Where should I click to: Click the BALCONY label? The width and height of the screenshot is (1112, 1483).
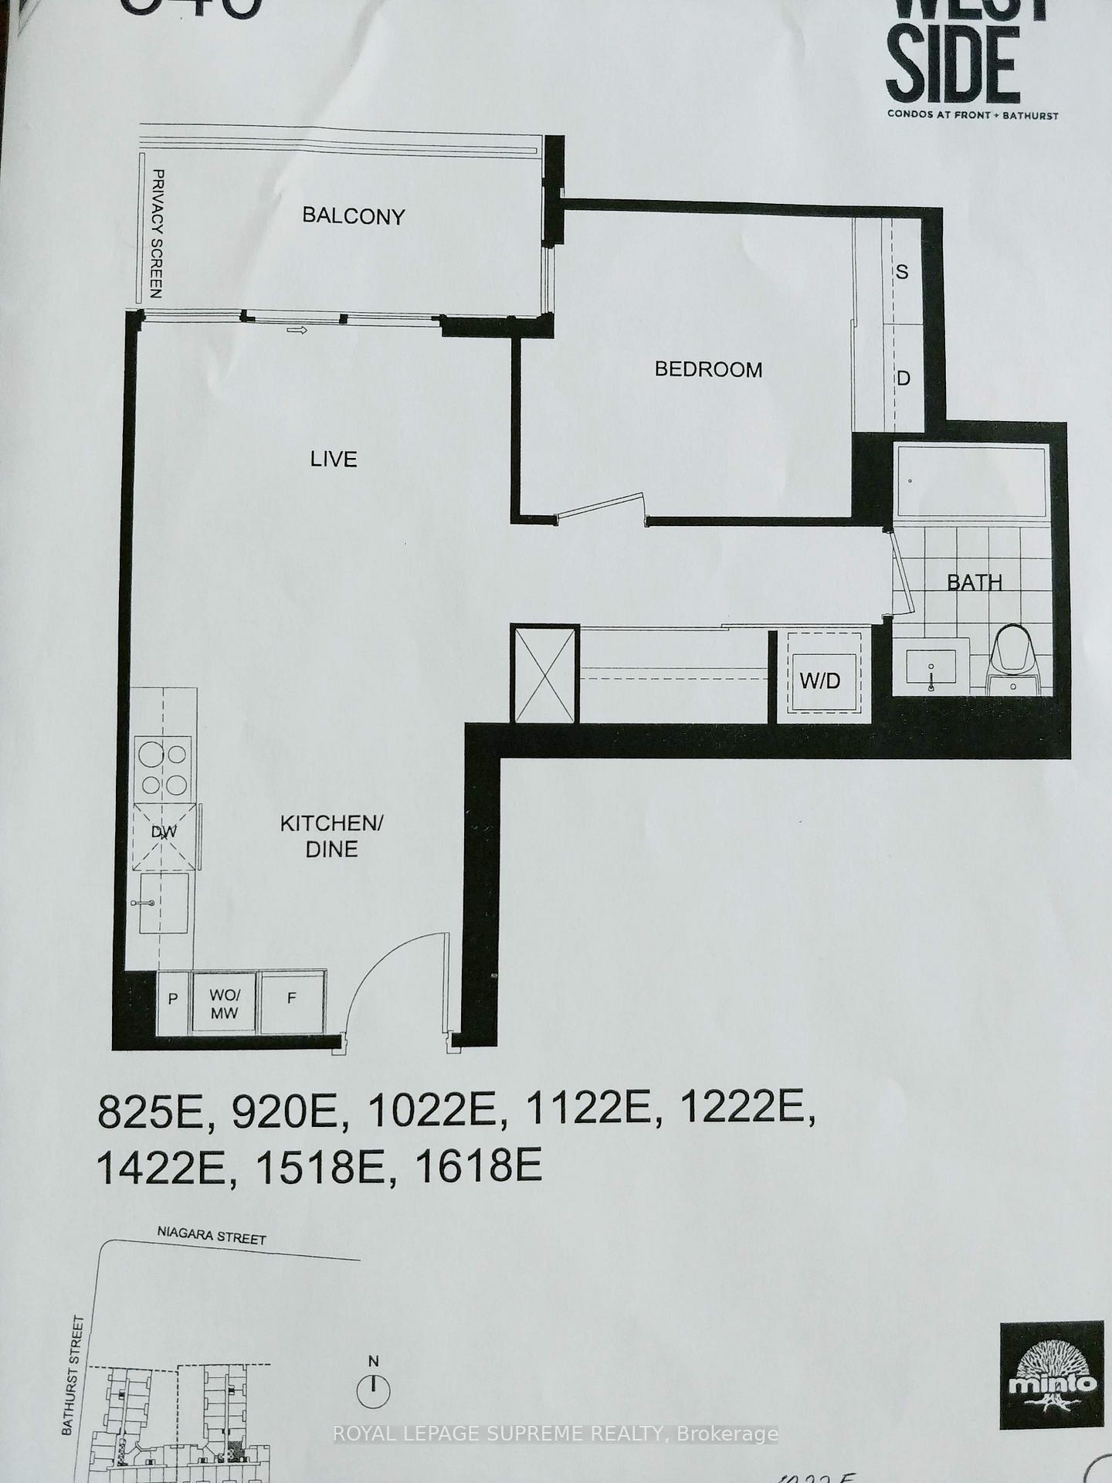point(354,215)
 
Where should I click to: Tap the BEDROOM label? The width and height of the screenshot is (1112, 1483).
point(708,369)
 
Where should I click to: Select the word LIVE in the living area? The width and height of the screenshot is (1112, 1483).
point(334,460)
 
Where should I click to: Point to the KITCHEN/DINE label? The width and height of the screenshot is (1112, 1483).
point(331,837)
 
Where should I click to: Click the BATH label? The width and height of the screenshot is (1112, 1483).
point(975,582)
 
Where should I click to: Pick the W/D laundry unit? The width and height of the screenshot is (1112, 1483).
point(819,680)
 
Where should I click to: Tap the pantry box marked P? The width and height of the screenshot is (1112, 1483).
point(174,999)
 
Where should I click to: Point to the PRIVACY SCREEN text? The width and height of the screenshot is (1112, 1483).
point(156,234)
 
